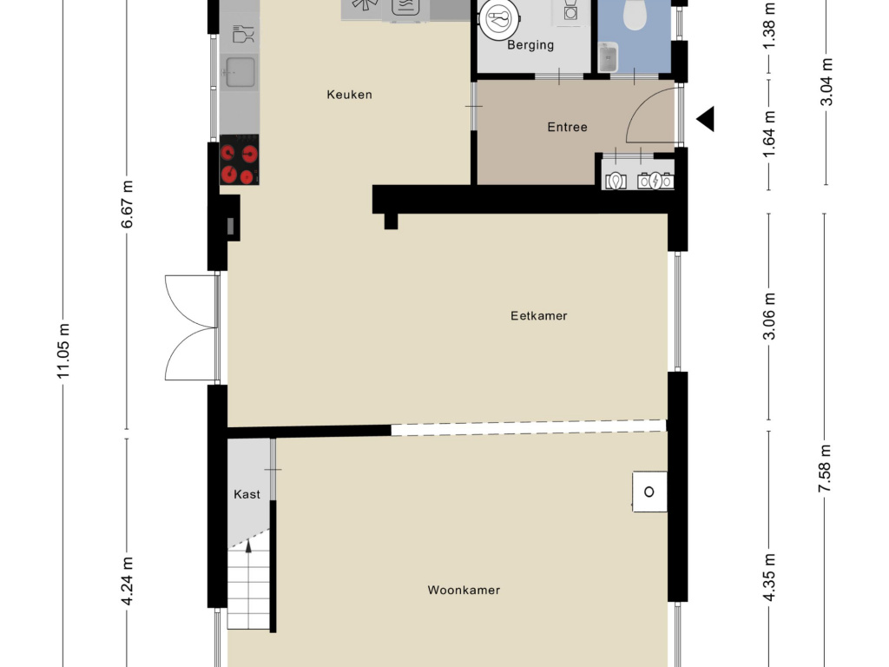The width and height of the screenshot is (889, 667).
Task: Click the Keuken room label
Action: [x=349, y=95]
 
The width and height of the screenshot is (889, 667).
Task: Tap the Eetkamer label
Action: [x=538, y=316]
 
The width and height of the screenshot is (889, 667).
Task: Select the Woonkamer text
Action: [x=464, y=591]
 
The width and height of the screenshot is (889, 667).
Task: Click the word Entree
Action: [x=567, y=127]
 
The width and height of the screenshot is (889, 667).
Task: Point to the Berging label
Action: [x=530, y=45]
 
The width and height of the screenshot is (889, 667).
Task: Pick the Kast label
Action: [x=247, y=494]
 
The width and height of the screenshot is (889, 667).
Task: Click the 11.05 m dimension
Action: [x=63, y=351]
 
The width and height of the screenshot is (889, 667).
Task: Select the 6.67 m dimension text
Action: [x=127, y=204]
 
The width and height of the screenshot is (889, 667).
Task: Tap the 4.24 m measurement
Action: [x=127, y=581]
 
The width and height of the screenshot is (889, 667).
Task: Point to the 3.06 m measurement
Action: [x=769, y=316]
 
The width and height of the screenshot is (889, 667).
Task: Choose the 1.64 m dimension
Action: [x=769, y=135]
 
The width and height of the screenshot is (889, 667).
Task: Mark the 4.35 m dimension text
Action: [x=769, y=577]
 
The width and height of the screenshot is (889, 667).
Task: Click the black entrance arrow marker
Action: [x=707, y=119]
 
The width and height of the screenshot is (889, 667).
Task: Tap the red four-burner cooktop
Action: [x=240, y=160]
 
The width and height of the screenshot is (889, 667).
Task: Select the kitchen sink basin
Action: [x=240, y=72]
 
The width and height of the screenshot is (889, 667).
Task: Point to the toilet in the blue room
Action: [x=635, y=14]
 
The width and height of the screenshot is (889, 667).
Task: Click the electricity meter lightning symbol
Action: [x=656, y=181]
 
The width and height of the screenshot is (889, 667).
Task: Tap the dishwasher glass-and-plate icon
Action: [x=244, y=34]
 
